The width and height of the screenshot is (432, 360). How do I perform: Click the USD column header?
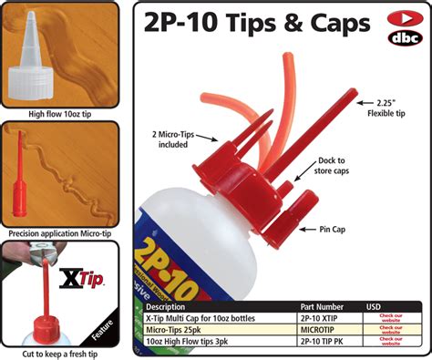(374, 307)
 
